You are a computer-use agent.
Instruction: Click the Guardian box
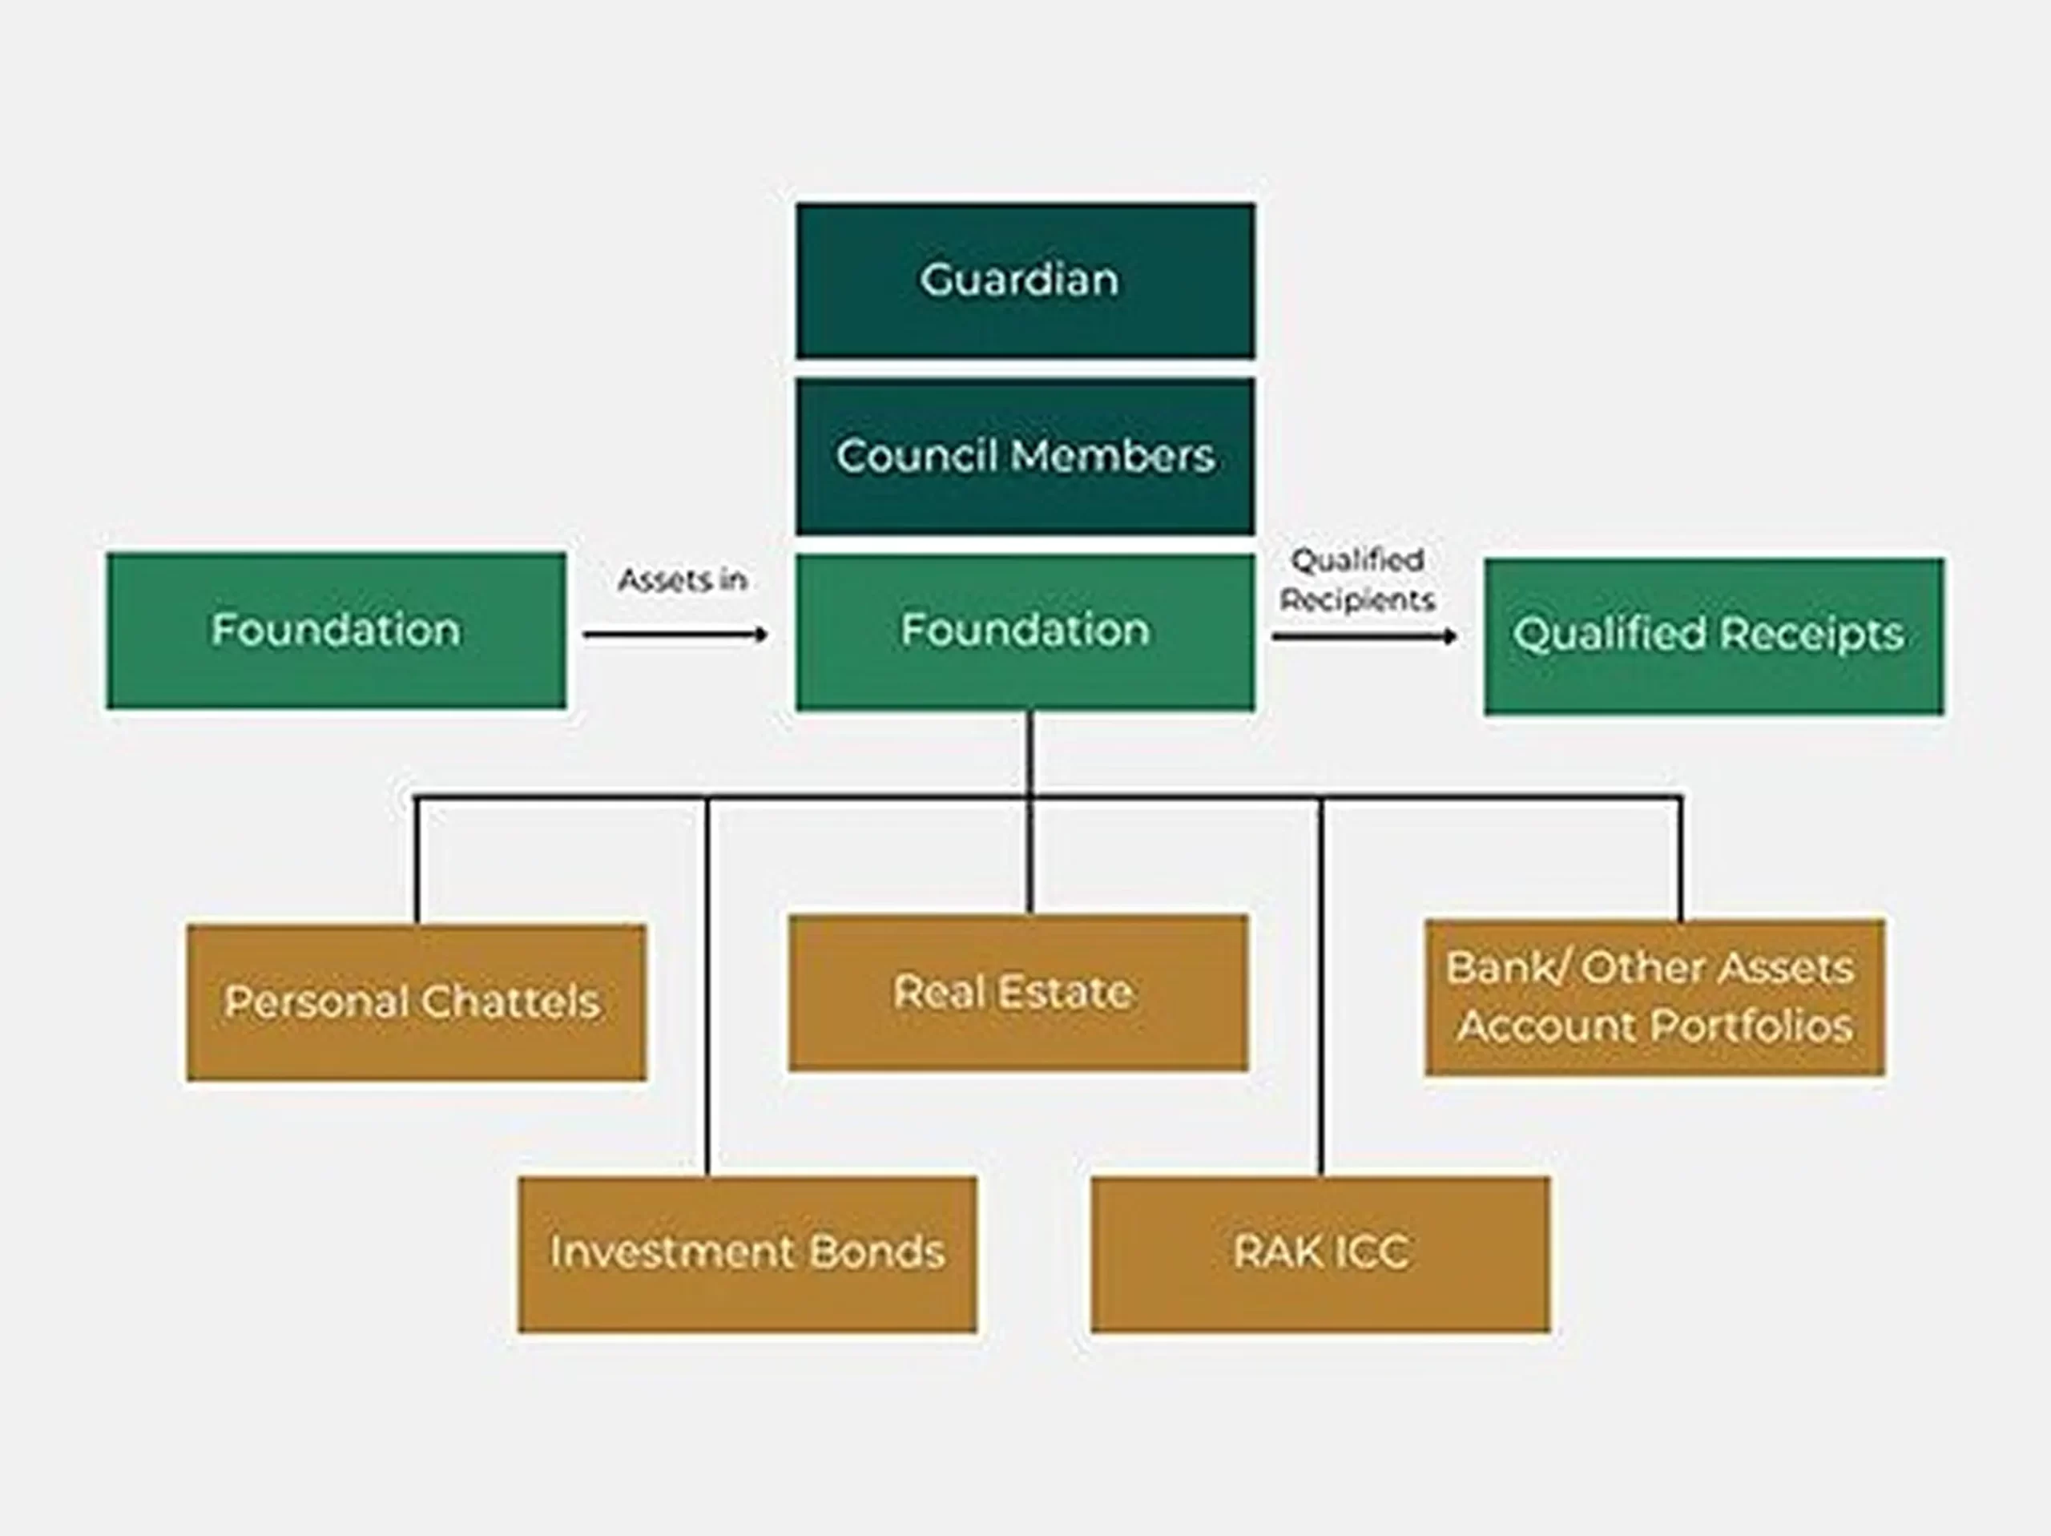[x=1025, y=281]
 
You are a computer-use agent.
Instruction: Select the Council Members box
[x=1025, y=455]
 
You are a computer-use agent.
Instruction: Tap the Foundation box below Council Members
[x=1025, y=631]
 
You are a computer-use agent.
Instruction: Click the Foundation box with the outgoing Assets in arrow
[x=336, y=631]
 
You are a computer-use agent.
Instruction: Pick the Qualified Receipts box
[x=1714, y=635]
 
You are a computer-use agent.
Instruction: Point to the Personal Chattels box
[x=417, y=1002]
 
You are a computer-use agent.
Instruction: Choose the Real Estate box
[x=1018, y=993]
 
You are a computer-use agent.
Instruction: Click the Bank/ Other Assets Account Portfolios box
[x=1654, y=997]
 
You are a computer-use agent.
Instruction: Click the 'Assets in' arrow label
[x=683, y=581]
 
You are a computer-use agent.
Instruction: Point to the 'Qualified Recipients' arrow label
[x=1357, y=581]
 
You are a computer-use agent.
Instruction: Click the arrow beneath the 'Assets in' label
[x=676, y=635]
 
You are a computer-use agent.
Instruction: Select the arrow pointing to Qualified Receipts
[x=1363, y=636]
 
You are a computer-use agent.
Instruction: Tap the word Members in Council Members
[x=1113, y=455]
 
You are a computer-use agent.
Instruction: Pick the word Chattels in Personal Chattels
[x=511, y=1002]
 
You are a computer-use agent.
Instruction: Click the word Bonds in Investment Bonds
[x=876, y=1252]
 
